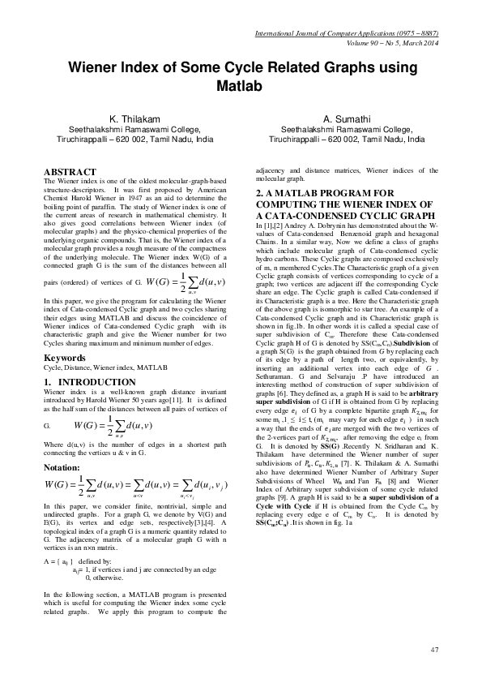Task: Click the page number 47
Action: [x=433, y=650]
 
